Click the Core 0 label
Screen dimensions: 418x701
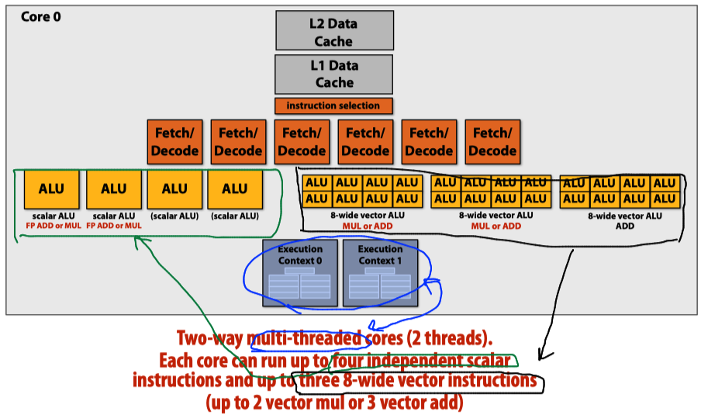(40, 17)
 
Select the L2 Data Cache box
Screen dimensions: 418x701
(334, 33)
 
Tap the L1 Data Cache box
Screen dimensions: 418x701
(334, 74)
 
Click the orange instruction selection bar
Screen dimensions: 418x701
(333, 105)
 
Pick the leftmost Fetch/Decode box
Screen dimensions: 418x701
(174, 142)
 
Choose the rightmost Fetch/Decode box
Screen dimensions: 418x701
(494, 142)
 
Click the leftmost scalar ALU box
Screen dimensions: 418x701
(51, 188)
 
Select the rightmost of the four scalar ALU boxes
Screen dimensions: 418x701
(235, 188)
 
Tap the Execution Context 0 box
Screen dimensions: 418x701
(299, 272)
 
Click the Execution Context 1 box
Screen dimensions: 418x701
(380, 272)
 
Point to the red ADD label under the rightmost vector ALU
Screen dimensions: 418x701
(625, 226)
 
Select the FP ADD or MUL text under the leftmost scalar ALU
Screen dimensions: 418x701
(51, 226)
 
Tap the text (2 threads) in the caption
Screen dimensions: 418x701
(450, 339)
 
